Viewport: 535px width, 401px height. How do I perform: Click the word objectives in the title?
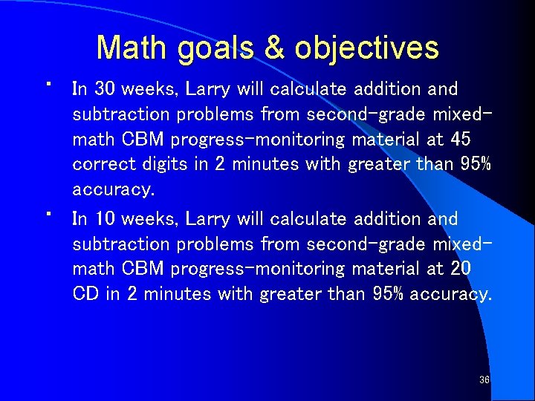tap(366, 49)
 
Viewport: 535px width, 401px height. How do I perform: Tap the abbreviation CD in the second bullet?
tap(85, 294)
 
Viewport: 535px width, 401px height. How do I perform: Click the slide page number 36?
tap(484, 380)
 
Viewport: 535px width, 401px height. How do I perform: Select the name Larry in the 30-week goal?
tap(208, 89)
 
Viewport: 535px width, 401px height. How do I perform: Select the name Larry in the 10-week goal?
tap(208, 219)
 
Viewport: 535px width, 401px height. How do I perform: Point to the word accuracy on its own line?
tap(113, 190)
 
